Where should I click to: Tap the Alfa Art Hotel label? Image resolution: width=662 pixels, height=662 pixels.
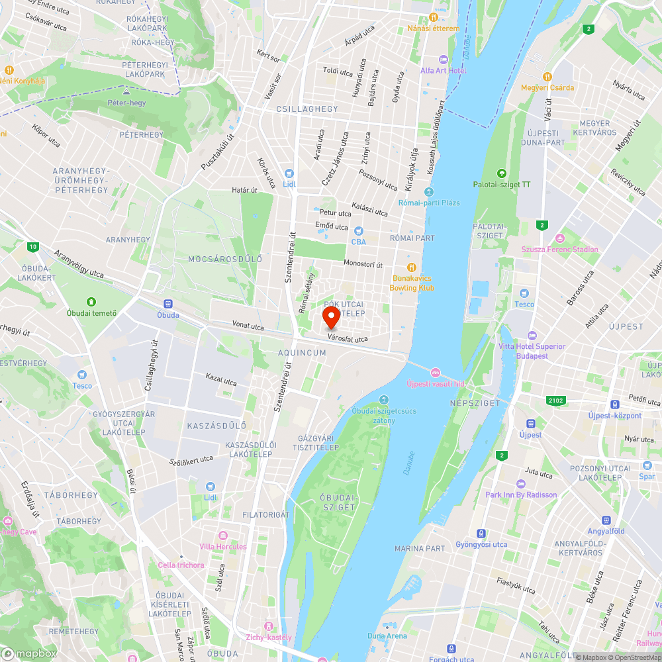tap(443, 71)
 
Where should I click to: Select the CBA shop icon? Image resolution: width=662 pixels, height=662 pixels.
tap(359, 231)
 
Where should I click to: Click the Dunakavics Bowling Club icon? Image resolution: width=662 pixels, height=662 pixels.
tap(412, 267)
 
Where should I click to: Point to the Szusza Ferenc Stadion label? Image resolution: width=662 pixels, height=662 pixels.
tap(559, 250)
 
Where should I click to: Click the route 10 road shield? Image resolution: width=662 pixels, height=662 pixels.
tap(33, 248)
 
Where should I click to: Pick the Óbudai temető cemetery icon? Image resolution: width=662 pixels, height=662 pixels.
tap(92, 302)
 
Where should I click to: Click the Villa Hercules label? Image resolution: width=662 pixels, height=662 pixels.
tap(223, 546)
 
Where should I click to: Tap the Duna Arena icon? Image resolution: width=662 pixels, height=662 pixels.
tap(387, 625)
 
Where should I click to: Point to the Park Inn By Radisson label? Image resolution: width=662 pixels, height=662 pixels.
tap(521, 495)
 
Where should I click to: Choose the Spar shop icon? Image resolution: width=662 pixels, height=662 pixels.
tap(647, 465)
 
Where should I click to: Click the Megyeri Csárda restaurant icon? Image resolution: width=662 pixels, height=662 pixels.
tap(547, 77)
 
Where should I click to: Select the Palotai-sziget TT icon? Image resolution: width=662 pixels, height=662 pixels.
tap(502, 173)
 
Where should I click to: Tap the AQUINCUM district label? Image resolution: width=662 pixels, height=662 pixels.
tap(303, 353)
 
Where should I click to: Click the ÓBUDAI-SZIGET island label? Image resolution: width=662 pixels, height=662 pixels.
tap(338, 502)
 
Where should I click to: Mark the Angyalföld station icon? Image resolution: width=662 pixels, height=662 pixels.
tap(606, 520)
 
